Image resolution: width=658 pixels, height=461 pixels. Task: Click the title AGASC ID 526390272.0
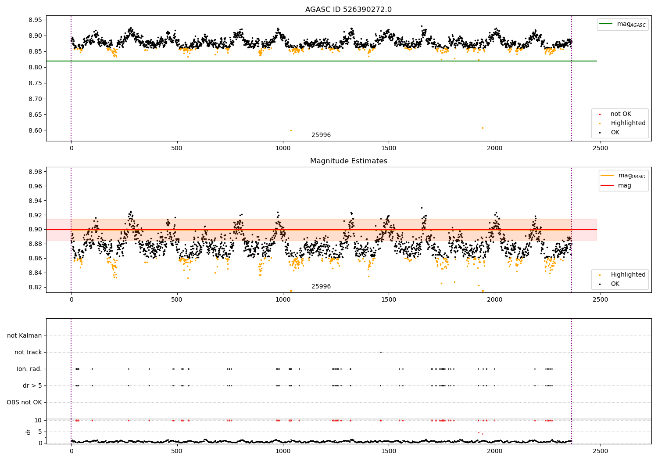point(348,10)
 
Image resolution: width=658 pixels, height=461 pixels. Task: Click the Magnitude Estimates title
point(348,161)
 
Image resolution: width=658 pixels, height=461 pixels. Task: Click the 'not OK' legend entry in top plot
point(621,114)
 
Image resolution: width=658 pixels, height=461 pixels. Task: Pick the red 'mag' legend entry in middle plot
point(625,185)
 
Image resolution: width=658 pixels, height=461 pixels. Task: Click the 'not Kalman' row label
point(25,335)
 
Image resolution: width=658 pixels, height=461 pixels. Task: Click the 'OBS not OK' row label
point(25,402)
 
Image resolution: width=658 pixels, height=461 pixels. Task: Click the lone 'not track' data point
point(381,352)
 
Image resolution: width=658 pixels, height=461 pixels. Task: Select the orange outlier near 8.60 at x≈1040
point(291,130)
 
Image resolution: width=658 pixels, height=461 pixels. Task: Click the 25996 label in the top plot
point(321,135)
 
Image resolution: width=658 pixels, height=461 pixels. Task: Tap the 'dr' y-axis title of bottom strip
point(29,432)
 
